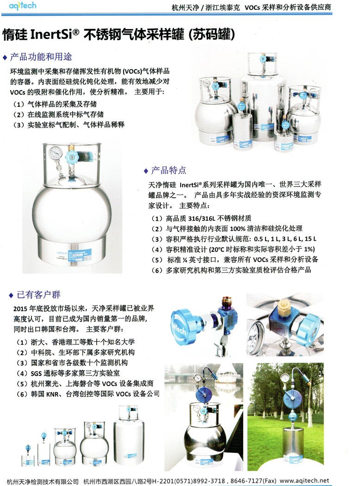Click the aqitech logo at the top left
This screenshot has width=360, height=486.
[22, 6]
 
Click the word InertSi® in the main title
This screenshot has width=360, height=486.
[55, 34]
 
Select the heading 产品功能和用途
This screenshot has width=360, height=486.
[41, 57]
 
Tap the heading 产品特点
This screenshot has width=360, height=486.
[169, 170]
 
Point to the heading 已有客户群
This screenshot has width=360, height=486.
[38, 294]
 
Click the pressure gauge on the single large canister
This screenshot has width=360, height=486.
[56, 153]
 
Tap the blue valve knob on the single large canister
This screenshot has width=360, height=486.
[72, 157]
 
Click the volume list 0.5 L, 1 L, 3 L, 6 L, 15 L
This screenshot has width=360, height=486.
[285, 239]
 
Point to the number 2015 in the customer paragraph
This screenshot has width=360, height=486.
[20, 308]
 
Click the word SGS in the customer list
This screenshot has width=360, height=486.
[36, 374]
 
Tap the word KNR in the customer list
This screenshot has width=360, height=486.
[52, 394]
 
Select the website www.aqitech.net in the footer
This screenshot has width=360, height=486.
[304, 481]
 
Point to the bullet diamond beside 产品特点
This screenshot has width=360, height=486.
[146, 171]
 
